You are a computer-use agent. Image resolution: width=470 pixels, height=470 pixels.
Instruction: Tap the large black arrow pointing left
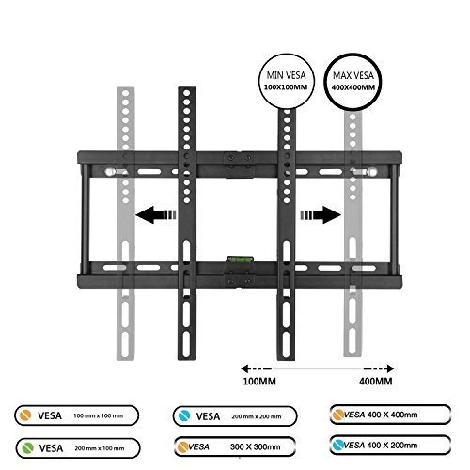[156, 215]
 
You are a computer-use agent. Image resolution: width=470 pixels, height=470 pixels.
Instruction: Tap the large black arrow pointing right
[321, 215]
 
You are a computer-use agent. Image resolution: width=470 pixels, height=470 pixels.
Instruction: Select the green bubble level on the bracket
[240, 258]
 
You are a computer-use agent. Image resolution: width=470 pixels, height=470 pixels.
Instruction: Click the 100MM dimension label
[259, 382]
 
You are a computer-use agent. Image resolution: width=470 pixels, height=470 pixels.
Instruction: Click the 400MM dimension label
[376, 382]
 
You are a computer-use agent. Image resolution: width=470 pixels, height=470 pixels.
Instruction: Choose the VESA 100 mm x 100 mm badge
[77, 415]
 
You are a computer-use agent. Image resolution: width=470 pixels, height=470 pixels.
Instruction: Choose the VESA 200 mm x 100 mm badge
[78, 448]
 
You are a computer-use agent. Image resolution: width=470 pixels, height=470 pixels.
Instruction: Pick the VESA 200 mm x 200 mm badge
[235, 416]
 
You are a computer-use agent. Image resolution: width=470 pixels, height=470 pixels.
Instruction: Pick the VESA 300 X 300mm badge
[235, 446]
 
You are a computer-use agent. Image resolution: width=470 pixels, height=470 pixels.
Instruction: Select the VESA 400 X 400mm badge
[390, 415]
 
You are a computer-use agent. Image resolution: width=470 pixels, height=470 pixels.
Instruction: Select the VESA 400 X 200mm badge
[390, 445]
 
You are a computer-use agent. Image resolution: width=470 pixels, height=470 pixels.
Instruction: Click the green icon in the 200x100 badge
[28, 447]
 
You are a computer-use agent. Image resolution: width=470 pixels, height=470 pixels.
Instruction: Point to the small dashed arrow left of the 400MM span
[256, 368]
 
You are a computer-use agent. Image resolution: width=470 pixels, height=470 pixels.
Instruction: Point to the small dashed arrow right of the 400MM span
[379, 368]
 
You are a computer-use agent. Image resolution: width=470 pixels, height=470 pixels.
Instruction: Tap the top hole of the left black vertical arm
[187, 93]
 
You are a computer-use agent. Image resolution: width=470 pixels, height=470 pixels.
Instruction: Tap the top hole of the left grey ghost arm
[126, 93]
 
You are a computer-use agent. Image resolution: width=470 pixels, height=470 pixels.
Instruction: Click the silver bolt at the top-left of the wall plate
[109, 172]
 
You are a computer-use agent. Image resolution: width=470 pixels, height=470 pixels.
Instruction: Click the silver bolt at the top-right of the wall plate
[372, 172]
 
